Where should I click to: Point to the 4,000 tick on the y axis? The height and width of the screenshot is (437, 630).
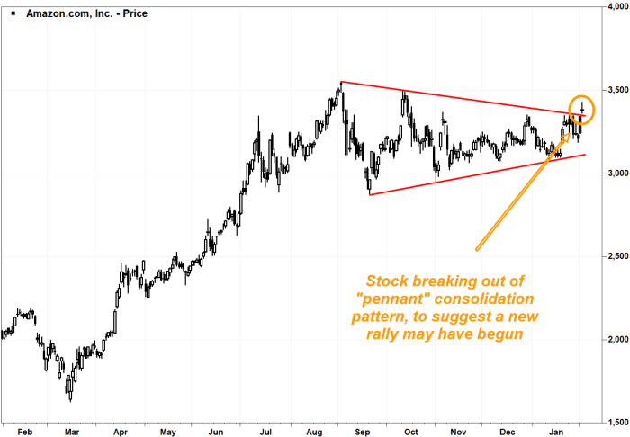coord(615,6)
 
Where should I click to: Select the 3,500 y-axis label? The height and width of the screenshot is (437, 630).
coord(615,90)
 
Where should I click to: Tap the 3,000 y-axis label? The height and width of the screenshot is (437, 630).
coord(615,173)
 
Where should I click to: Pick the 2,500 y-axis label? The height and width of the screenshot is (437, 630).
coord(615,256)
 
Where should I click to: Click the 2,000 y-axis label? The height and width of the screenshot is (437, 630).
coord(615,339)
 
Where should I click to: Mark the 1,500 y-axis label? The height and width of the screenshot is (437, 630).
coord(615,422)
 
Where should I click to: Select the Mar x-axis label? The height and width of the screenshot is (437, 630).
coord(73,430)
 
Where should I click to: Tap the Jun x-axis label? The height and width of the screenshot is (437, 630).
coord(217,430)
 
